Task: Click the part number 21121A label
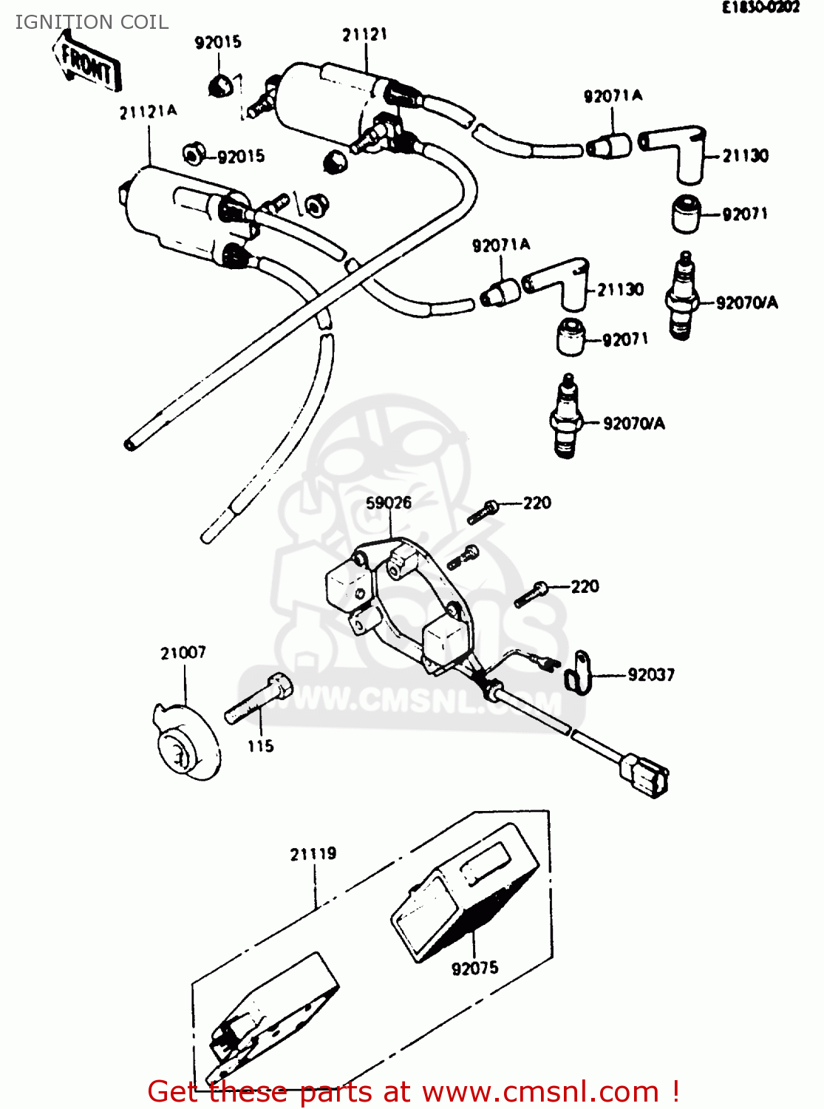(148, 112)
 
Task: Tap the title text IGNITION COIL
(92, 22)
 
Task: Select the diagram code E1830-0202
(760, 8)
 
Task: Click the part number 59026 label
(389, 503)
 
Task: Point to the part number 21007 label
(183, 653)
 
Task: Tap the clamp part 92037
(579, 672)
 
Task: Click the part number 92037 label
(650, 675)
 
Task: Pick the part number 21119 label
(313, 854)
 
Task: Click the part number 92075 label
(474, 968)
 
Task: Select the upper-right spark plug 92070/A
(683, 296)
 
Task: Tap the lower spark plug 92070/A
(566, 417)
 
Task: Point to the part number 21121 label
(364, 35)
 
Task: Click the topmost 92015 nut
(219, 87)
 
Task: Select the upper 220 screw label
(537, 503)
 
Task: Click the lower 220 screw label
(585, 587)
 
